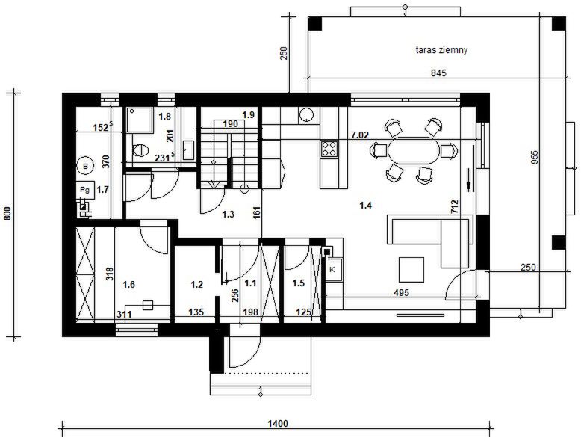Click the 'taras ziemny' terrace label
tap(441, 49)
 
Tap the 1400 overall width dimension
tap(278, 423)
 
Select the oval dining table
tap(413, 150)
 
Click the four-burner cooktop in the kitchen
tap(329, 149)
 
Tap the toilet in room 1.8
tap(140, 150)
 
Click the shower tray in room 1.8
tap(140, 120)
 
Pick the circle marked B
tap(86, 167)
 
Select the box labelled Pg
tap(85, 191)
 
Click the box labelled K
tap(332, 270)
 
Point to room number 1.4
tap(365, 206)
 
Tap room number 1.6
tap(128, 285)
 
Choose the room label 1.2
tap(196, 285)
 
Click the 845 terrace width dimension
tap(438, 73)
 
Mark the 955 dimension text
tap(534, 157)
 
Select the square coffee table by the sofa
tap(411, 270)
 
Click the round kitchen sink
tap(307, 114)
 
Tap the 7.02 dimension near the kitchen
tap(360, 135)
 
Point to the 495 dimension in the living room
tap(401, 293)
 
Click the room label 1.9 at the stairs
tap(248, 115)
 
